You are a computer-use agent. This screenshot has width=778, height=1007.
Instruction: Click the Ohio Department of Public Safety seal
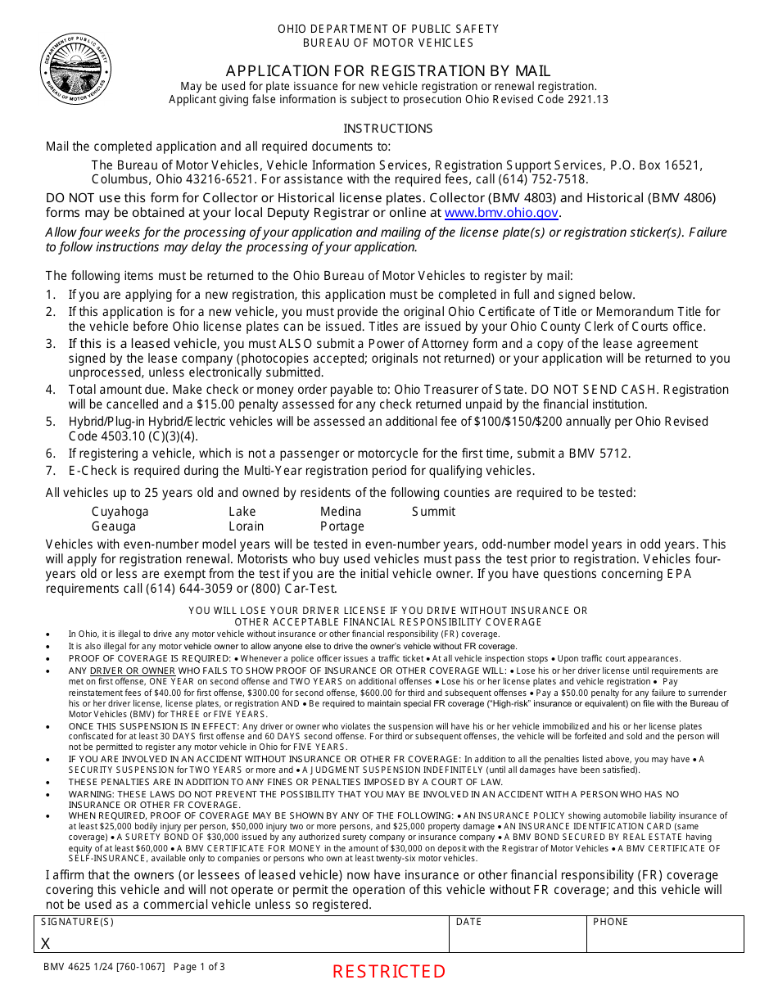tap(75, 69)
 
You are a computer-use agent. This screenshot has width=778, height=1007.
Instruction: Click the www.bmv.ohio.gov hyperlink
tap(501, 213)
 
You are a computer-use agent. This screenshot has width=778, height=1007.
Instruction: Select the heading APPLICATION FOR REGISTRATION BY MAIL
tap(388, 70)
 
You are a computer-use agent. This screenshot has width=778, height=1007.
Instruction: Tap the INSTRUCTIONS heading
tap(387, 129)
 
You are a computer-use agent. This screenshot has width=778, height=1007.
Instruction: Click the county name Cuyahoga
tap(120, 512)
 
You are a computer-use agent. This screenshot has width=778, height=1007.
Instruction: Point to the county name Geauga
tap(113, 526)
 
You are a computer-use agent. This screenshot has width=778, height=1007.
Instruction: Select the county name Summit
tap(433, 512)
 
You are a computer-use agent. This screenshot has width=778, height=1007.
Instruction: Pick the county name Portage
tap(342, 526)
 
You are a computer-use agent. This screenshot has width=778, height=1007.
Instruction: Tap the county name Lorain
tap(247, 526)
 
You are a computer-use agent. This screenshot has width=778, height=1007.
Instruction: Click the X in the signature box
tap(45, 943)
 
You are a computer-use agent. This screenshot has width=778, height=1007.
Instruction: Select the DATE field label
tap(468, 922)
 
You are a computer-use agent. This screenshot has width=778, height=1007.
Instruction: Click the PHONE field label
tap(610, 922)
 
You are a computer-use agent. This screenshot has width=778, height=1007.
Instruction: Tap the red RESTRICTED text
tap(389, 972)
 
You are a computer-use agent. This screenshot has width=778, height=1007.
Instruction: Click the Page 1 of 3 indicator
tap(199, 967)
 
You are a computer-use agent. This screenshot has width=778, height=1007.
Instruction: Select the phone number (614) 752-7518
tap(545, 179)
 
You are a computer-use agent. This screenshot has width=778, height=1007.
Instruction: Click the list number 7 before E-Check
tap(50, 471)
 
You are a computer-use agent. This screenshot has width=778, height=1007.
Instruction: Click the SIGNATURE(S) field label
tap(77, 922)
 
